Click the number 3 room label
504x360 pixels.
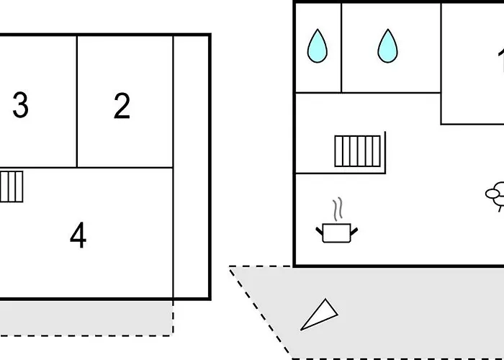(20, 106)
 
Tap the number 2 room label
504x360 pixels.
(122, 107)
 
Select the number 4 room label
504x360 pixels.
(78, 235)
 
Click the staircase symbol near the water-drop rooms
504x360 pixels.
(357, 150)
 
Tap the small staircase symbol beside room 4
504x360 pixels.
(12, 186)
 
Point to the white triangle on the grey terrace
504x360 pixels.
(319, 315)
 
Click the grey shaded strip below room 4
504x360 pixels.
(86, 317)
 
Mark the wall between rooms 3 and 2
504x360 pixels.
(77, 101)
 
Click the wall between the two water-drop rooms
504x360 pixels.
(341, 48)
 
